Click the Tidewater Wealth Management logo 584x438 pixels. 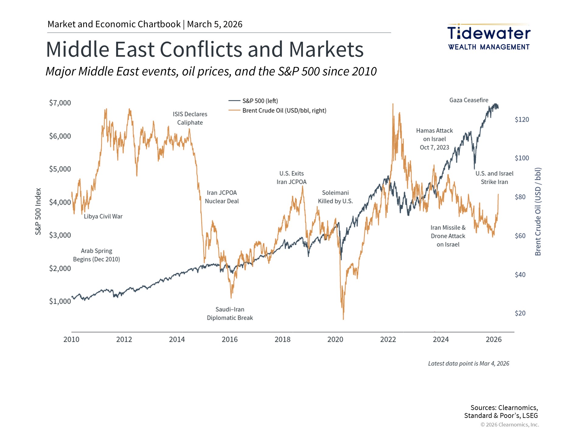[489, 37]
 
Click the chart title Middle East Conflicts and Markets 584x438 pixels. [205, 49]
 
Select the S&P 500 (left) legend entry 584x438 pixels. [260, 101]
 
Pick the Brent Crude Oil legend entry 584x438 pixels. [284, 110]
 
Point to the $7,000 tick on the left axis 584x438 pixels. [60, 103]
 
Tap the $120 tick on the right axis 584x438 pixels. [522, 120]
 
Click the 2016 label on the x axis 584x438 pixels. [230, 339]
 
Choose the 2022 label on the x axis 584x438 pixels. [388, 339]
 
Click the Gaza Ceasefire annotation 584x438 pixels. [469, 100]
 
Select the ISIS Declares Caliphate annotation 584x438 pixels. [190, 118]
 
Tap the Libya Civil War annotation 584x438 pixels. [103, 216]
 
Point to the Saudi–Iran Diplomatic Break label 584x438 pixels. [230, 314]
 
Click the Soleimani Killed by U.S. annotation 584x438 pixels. [335, 197]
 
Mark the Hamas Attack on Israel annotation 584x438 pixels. [434, 139]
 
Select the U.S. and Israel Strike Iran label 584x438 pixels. [494, 178]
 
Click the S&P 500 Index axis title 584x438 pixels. [38, 211]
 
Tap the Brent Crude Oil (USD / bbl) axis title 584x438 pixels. [538, 211]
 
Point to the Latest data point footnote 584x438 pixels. [468, 363]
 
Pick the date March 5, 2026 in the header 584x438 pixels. [215, 24]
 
